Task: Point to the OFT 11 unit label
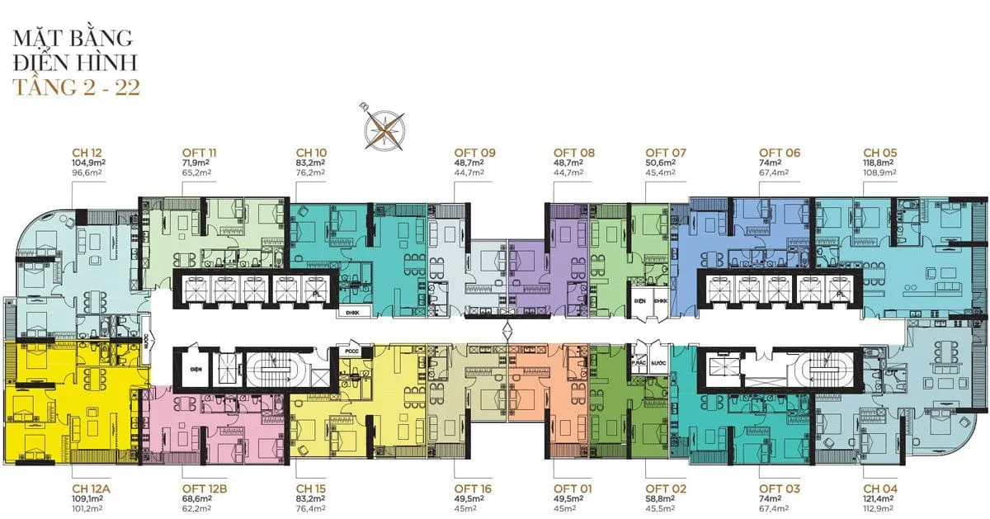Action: (x=200, y=153)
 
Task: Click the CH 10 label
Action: (x=311, y=153)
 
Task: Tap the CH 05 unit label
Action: (x=879, y=153)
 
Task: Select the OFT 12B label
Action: (x=204, y=489)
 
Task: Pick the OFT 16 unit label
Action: (x=474, y=489)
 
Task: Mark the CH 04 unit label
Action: (x=879, y=489)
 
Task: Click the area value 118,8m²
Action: (x=879, y=163)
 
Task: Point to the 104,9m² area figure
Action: (x=89, y=163)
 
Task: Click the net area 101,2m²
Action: (x=88, y=510)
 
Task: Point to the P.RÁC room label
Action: (x=637, y=362)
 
